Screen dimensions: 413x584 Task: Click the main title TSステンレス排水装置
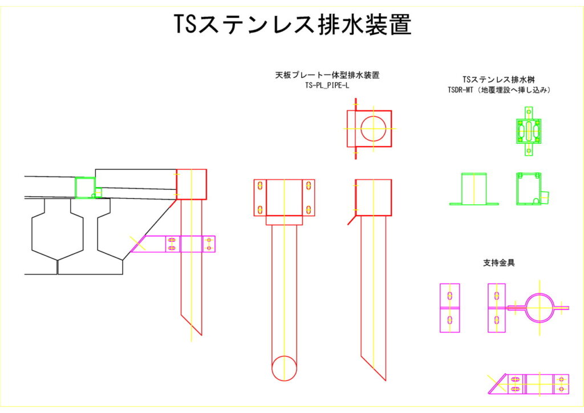[292, 25]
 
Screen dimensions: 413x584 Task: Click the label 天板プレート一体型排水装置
[327, 75]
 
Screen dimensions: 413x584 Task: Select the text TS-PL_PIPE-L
[327, 86]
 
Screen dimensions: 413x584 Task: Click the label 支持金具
[499, 263]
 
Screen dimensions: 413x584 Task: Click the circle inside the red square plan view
[373, 128]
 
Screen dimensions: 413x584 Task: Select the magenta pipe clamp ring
[540, 308]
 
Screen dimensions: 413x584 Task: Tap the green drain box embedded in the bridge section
[85, 187]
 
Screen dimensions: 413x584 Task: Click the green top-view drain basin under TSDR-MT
[529, 131]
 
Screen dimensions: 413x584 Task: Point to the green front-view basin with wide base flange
[474, 189]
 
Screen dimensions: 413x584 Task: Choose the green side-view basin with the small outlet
[529, 188]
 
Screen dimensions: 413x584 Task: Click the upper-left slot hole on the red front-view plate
[260, 187]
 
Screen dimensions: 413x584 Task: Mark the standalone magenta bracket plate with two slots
[450, 308]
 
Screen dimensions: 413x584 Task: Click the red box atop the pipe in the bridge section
[191, 184]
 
